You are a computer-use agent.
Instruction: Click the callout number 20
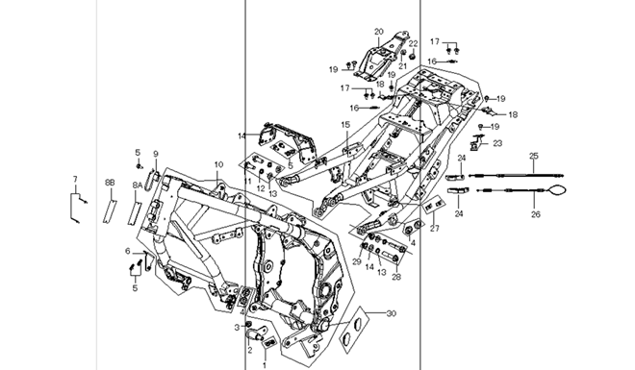pyautogui.click(x=379, y=32)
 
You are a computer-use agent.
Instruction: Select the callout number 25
pyautogui.click(x=534, y=156)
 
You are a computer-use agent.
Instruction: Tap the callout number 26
pyautogui.click(x=535, y=214)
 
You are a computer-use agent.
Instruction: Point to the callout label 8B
pyautogui.click(x=110, y=183)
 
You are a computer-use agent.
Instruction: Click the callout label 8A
pyautogui.click(x=138, y=185)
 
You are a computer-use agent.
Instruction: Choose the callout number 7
pyautogui.click(x=75, y=179)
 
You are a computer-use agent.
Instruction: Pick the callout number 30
pyautogui.click(x=391, y=313)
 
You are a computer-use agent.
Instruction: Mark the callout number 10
pyautogui.click(x=218, y=164)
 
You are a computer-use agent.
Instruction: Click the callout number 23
pyautogui.click(x=497, y=143)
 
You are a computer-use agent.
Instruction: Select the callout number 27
pyautogui.click(x=435, y=229)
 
